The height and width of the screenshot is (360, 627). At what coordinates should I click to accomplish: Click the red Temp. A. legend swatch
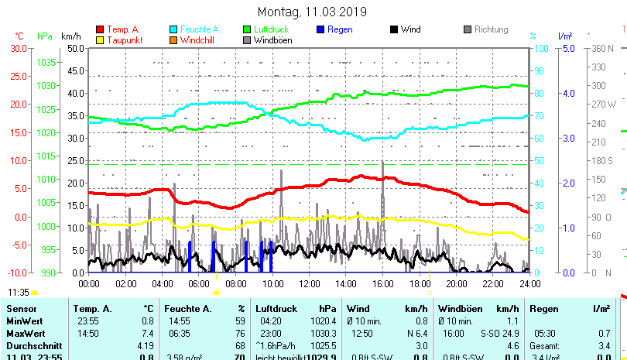pos(99,30)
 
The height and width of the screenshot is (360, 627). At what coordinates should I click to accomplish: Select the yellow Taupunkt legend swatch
pos(99,40)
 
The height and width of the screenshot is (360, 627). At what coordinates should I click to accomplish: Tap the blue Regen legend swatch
pos(320,30)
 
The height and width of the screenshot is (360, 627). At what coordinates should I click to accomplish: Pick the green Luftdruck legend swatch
pos(247,30)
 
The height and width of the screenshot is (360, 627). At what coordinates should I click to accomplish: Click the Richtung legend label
pos(491,29)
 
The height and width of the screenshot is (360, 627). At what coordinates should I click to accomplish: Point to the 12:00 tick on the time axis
pos(309,283)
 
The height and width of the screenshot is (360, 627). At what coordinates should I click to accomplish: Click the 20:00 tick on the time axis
pos(456,283)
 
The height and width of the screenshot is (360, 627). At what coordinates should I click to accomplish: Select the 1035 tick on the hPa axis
pos(46,62)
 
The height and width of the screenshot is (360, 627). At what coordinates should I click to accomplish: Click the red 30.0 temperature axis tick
pos(18,48)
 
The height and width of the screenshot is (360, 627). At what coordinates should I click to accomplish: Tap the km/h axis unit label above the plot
pos(70,36)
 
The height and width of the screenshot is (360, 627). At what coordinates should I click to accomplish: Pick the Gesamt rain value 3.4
pos(604,345)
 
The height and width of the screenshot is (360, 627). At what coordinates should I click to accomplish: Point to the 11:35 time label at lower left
pos(19,293)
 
